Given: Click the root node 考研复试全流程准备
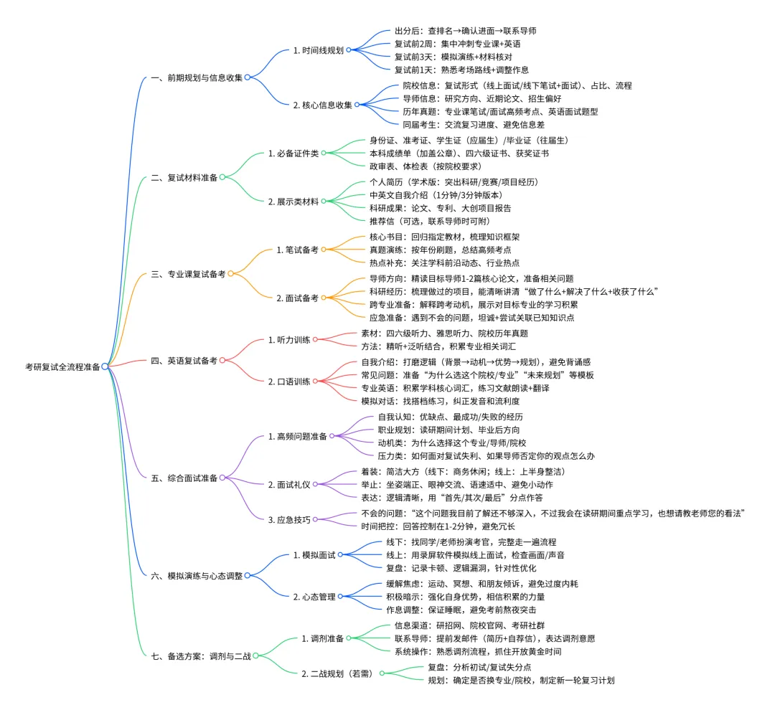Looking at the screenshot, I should pyautogui.click(x=62, y=366).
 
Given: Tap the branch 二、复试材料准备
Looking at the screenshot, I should pyautogui.click(x=184, y=176).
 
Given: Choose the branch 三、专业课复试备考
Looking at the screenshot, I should pyautogui.click(x=188, y=274).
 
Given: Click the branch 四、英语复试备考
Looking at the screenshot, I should pyautogui.click(x=184, y=360).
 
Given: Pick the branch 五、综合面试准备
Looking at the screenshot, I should pyautogui.click(x=184, y=477).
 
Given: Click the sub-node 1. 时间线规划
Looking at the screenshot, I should pyautogui.click(x=318, y=51).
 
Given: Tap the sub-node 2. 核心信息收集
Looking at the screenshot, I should pyautogui.click(x=322, y=105).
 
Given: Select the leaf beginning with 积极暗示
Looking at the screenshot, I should pyautogui.click(x=466, y=597).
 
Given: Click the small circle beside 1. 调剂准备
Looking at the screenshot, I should pyautogui.click(x=349, y=638).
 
